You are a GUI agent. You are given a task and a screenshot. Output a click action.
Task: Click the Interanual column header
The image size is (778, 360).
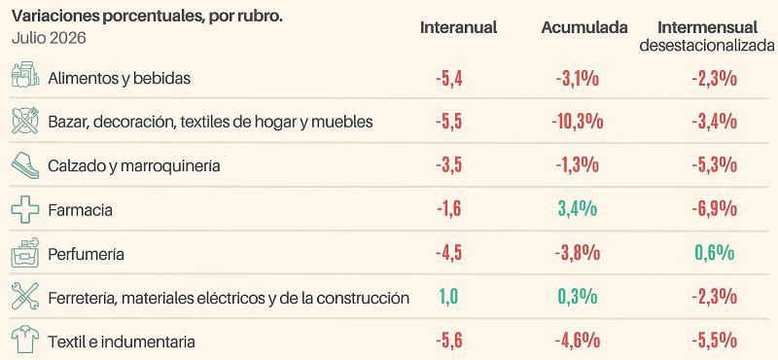point(458,27)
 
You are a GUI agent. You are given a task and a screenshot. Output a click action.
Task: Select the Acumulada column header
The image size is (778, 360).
point(584,27)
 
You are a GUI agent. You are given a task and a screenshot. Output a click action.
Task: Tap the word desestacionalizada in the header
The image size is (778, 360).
point(707,46)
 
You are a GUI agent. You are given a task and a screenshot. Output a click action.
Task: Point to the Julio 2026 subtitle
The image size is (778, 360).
point(49,38)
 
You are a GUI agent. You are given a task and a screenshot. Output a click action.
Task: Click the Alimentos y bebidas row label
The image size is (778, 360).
point(119,78)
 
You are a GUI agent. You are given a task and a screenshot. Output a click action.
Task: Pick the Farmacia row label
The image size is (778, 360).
point(81,210)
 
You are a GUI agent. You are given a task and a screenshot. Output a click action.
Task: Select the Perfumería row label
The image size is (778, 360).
point(86,254)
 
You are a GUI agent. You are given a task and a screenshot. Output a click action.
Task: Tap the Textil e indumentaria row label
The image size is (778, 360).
point(122,342)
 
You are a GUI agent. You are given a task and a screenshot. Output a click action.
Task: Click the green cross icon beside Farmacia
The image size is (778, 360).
point(25,209)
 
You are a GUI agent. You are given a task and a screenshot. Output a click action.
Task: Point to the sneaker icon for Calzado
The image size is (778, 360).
point(25,165)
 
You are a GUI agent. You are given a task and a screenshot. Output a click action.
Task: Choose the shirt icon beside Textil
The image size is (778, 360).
point(25,341)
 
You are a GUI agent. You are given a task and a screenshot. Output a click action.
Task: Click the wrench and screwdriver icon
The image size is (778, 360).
point(25,297)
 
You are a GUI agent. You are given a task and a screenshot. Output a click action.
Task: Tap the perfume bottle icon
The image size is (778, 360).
point(25,253)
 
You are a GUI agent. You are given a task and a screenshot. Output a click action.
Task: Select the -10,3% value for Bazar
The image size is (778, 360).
point(577,122)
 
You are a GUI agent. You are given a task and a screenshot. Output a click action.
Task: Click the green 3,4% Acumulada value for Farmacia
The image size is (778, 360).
point(578,209)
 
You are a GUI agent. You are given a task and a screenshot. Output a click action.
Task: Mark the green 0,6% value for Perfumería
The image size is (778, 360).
point(715,253)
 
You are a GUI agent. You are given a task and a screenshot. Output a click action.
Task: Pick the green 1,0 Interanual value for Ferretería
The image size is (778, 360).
point(448,298)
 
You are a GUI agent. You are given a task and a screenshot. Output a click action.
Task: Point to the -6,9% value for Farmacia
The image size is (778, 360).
point(715,209)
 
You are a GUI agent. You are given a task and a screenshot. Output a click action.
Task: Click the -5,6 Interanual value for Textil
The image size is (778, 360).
point(449,342)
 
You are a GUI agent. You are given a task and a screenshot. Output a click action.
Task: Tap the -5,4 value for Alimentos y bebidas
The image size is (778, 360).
point(449,79)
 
